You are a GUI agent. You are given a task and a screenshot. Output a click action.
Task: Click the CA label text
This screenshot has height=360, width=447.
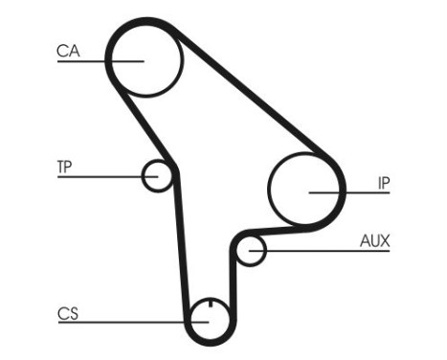tap(66, 51)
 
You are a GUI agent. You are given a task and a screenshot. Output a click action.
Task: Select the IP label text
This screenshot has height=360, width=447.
tap(383, 182)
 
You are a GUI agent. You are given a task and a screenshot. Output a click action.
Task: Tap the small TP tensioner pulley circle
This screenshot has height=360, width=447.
tap(156, 175)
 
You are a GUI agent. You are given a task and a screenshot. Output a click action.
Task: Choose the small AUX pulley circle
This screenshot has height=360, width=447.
tap(250, 251)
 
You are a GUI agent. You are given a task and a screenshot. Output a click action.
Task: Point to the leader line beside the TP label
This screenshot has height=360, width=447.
tap(101, 176)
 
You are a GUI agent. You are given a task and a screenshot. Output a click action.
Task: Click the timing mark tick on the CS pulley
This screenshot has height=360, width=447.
tap(209, 310)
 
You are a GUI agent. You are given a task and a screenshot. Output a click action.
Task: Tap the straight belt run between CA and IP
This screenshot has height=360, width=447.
tap(258, 96)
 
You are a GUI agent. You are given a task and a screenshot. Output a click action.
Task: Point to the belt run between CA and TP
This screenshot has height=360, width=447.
tap(144, 124)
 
